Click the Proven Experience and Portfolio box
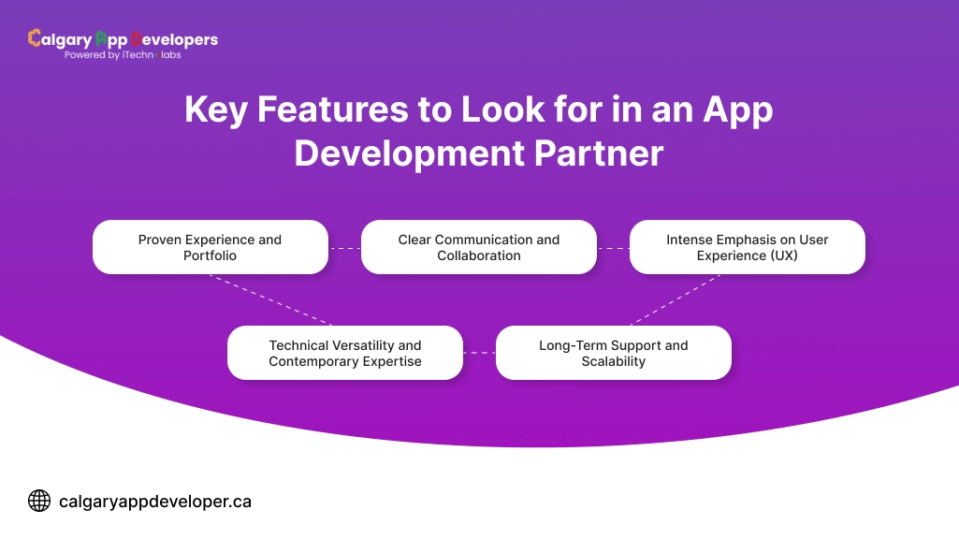click(x=210, y=247)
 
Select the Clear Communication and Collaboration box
click(x=478, y=247)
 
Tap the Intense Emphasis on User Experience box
click(x=747, y=247)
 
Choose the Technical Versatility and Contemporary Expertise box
click(x=344, y=353)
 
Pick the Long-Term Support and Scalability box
click(x=613, y=353)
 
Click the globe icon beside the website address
click(x=39, y=502)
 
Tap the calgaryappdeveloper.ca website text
click(x=155, y=502)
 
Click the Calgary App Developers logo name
click(x=123, y=39)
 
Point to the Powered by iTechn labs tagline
click(x=123, y=55)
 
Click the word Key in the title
click(x=217, y=110)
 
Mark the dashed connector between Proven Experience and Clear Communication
click(x=344, y=248)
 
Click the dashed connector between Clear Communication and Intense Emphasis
click(x=613, y=248)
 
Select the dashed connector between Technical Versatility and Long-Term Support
click(x=479, y=353)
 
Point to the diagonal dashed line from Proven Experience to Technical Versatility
click(x=270, y=299)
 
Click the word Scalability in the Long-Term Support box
click(x=613, y=361)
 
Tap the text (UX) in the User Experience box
click(x=781, y=255)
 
